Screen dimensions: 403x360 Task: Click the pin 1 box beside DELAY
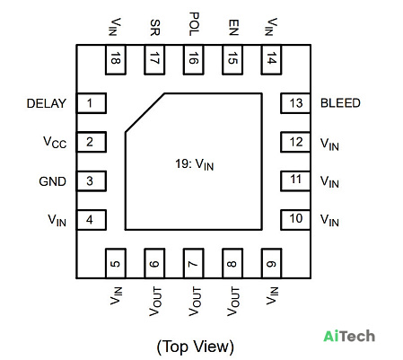92,103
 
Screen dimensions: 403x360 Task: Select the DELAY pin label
47,103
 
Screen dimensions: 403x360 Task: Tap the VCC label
55,143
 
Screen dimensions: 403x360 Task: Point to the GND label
52,181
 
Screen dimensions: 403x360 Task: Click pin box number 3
92,181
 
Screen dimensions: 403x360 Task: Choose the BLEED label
340,103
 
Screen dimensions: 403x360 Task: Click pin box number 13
295,103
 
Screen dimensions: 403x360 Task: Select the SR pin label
155,28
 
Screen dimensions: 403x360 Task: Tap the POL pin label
194,24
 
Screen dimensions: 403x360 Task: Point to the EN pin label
233,28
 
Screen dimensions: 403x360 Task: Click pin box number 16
194,59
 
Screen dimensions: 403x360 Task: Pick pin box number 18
116,59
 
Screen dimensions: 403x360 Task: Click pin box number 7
194,263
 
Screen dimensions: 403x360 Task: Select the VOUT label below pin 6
155,302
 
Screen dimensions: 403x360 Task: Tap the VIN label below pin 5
116,295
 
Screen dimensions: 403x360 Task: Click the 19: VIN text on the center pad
195,164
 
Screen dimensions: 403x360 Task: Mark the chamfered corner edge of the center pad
145,112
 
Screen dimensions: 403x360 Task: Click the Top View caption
195,347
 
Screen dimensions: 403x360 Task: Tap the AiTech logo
349,336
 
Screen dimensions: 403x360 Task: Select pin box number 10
295,220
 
